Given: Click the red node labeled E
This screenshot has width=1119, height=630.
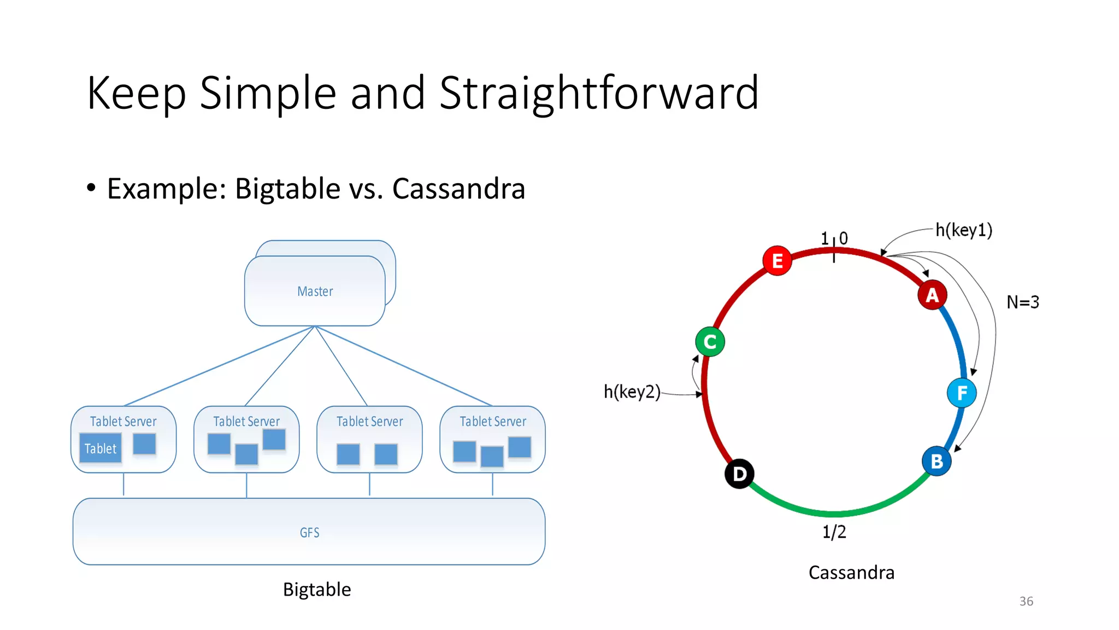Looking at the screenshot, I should tap(777, 261).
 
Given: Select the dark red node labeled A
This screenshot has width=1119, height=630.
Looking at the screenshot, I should tap(932, 295).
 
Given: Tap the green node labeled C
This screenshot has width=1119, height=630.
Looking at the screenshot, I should tap(710, 342).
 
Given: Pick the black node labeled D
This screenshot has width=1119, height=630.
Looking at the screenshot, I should tap(739, 474).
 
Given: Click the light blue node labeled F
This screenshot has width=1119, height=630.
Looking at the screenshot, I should tap(962, 393).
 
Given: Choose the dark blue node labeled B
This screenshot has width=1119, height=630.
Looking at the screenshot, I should tap(937, 461).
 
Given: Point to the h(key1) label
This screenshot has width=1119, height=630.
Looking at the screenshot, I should tap(964, 230).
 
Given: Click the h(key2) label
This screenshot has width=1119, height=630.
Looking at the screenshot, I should tap(632, 392).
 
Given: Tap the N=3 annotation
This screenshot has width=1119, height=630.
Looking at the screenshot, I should tap(1023, 302).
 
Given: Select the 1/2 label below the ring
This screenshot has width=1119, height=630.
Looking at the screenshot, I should tap(834, 532).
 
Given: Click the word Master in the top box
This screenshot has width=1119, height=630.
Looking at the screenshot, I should tap(315, 291).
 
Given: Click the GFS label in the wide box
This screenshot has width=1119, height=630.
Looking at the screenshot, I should tap(309, 533).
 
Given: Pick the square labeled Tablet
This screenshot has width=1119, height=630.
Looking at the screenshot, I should tap(101, 448).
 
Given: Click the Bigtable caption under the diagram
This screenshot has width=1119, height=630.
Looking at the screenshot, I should tap(317, 590).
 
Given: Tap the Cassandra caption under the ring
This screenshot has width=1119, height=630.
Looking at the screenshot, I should tap(851, 573).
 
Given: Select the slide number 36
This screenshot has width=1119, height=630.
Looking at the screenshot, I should tap(1026, 601).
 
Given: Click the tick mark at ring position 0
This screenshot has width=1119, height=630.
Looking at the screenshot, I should tap(834, 255).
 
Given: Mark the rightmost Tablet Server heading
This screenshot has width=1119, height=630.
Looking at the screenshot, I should tap(493, 422).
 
